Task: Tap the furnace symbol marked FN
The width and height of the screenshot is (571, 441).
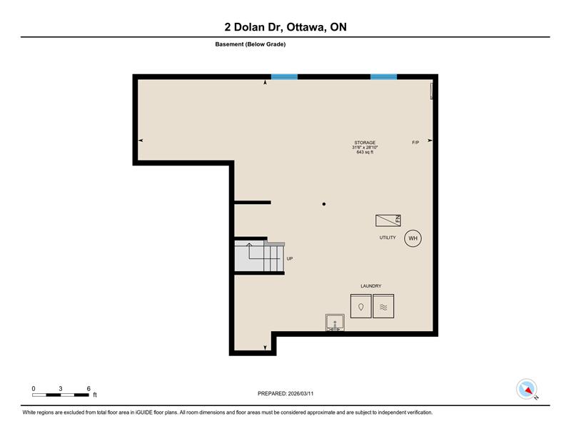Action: (x=388, y=220)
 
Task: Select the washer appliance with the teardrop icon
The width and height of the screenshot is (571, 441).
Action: (x=361, y=306)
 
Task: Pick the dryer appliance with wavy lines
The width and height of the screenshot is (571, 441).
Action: (x=383, y=306)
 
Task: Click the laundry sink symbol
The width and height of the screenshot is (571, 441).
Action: (x=335, y=323)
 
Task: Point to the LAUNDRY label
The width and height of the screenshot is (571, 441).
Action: (x=371, y=286)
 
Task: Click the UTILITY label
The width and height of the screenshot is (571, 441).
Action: (x=388, y=238)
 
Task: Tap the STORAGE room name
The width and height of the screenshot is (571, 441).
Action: (x=365, y=143)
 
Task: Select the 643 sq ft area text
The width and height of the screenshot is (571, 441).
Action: (x=365, y=152)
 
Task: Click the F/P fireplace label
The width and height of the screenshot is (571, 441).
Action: (x=415, y=143)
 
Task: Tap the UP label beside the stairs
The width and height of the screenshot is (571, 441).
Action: (x=290, y=258)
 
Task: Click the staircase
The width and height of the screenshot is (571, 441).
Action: (x=259, y=256)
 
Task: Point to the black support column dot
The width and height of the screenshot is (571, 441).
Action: (x=324, y=204)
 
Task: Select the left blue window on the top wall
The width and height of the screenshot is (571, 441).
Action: (x=284, y=77)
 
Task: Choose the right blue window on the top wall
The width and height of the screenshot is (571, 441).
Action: (x=383, y=77)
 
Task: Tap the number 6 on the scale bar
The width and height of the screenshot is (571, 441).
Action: (x=89, y=389)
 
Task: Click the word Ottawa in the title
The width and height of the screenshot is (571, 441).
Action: (x=306, y=27)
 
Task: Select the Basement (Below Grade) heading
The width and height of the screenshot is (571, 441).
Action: (x=251, y=44)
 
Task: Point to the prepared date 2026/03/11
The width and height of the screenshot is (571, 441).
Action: (x=300, y=394)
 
